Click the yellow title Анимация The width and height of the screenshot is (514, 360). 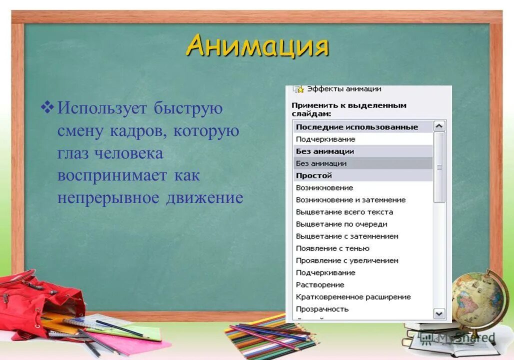pyautogui.click(x=257, y=46)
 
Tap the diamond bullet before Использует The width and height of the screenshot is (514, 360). pyautogui.click(x=47, y=106)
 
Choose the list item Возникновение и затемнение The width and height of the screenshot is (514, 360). pyautogui.click(x=350, y=200)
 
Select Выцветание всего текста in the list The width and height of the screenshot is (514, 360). pyautogui.click(x=344, y=212)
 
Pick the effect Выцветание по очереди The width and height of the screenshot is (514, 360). pyautogui.click(x=341, y=224)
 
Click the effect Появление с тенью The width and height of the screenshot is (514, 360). pyautogui.click(x=332, y=248)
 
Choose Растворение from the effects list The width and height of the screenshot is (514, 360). pyautogui.click(x=320, y=285)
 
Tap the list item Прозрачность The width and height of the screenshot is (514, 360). pyautogui.click(x=322, y=309)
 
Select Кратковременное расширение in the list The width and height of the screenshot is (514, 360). pyautogui.click(x=353, y=297)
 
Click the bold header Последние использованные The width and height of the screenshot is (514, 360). pyautogui.click(x=356, y=127)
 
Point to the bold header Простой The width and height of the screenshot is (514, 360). pyautogui.click(x=313, y=175)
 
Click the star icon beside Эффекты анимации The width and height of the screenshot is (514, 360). pyautogui.click(x=298, y=89)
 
